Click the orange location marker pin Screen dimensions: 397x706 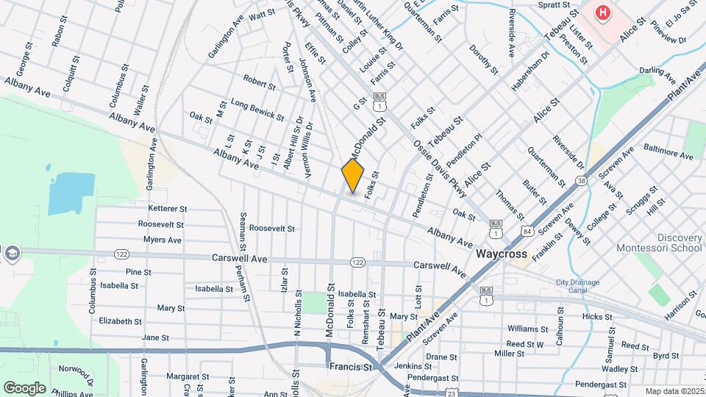[353, 176]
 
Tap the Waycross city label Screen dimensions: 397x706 [502, 254]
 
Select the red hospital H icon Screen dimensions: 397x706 [603, 12]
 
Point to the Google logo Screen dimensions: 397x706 [24, 387]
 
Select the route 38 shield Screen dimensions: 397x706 [582, 180]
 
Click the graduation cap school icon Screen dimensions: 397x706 [13, 253]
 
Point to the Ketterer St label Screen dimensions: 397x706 [168, 209]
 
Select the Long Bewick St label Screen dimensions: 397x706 [257, 110]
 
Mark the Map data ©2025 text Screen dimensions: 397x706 [674, 391]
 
